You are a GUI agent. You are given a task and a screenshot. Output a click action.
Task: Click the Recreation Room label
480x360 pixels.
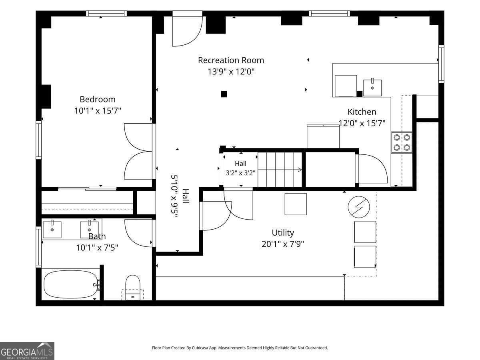click(x=231, y=60)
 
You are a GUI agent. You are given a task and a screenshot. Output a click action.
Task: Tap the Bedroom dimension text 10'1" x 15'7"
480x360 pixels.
click(x=98, y=111)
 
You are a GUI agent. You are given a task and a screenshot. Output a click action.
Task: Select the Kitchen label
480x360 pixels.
click(x=362, y=112)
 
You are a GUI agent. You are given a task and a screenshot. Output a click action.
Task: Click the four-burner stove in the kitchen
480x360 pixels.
click(x=402, y=143)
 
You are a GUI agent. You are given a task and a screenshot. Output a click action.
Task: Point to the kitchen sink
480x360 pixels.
click(x=372, y=88)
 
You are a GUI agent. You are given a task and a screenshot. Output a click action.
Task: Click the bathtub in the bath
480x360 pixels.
click(x=71, y=284)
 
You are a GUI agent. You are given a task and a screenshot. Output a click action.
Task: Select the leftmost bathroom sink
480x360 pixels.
click(x=52, y=229)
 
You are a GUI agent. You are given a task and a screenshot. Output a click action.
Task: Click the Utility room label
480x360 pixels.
click(x=283, y=232)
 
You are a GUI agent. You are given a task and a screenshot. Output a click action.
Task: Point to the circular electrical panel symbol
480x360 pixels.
click(x=359, y=207)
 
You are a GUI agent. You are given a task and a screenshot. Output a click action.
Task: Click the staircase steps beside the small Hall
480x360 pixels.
click(x=280, y=170)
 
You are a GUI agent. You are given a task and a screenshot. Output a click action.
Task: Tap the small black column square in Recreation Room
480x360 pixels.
click(x=224, y=94)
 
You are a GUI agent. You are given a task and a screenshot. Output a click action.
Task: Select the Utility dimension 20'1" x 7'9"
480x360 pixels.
click(x=283, y=244)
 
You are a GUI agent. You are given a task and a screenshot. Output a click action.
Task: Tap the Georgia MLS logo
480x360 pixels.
click(x=27, y=351)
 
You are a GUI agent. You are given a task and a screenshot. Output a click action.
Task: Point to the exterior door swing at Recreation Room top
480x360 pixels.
click(x=188, y=31)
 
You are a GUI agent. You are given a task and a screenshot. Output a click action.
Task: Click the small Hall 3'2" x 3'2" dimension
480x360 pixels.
click(x=240, y=173)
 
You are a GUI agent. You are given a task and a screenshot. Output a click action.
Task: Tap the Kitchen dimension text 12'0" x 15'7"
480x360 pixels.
click(x=362, y=123)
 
